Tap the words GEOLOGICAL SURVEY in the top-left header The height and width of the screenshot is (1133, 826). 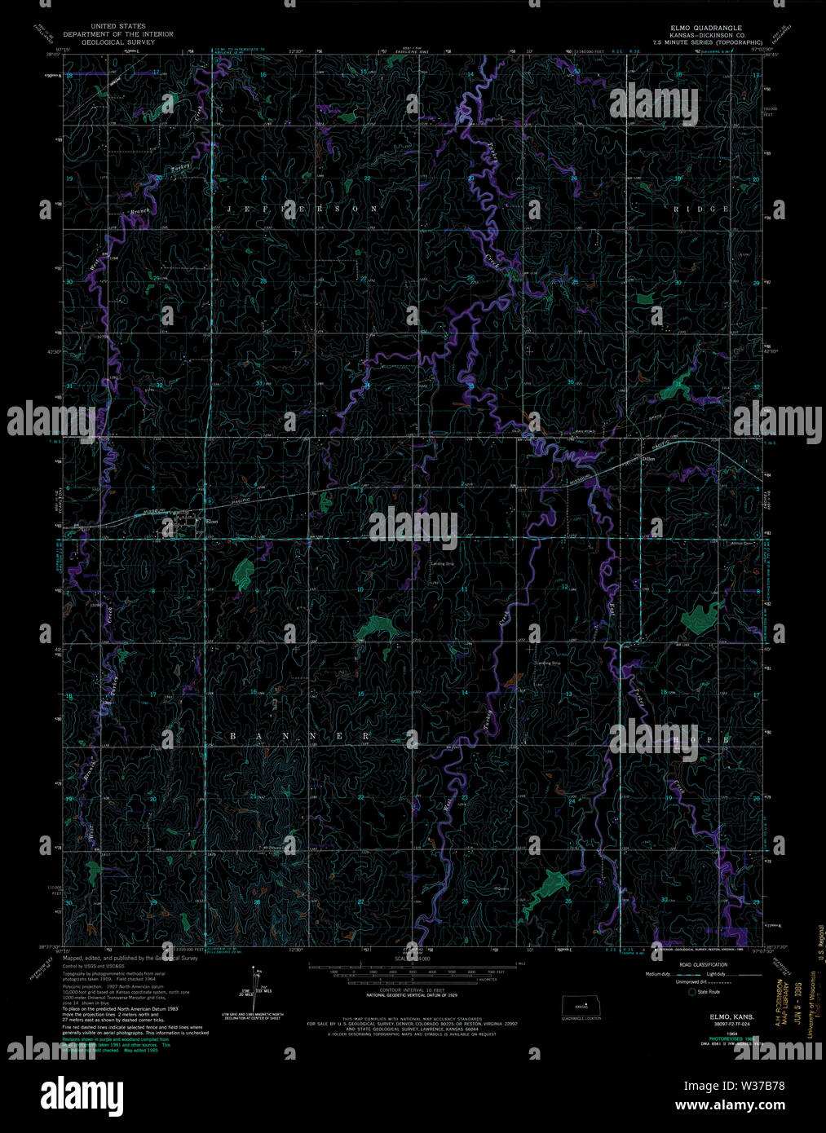(x=120, y=42)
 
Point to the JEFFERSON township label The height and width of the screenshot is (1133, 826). (x=303, y=209)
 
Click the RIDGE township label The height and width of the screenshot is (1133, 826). (x=701, y=209)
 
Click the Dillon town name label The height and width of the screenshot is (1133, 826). (x=648, y=459)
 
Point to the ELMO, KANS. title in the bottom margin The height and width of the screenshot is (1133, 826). (x=731, y=1017)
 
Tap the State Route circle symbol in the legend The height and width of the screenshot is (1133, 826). (x=693, y=992)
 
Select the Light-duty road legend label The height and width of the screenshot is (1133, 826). (x=718, y=974)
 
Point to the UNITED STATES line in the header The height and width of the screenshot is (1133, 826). (x=120, y=27)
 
